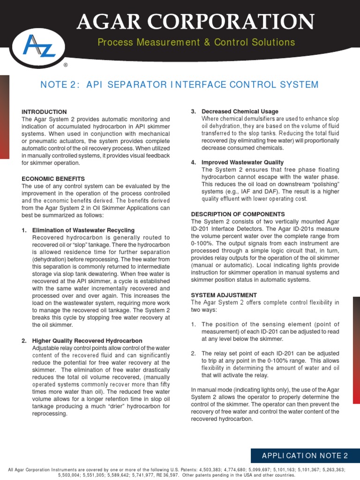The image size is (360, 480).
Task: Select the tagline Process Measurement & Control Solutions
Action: point(196,43)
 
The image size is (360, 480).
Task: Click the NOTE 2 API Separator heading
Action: point(180,85)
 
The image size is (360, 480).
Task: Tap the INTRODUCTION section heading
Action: point(44,112)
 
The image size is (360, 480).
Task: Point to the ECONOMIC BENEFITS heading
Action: point(53,179)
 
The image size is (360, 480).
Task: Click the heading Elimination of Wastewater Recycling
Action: point(83,230)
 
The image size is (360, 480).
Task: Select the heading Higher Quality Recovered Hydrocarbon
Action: point(87,340)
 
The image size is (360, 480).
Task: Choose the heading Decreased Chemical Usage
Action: point(240,112)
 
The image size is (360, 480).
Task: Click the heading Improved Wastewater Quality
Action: point(242,162)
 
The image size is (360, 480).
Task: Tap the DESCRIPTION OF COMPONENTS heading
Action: point(238,214)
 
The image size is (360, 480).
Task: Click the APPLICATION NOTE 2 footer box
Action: point(305,456)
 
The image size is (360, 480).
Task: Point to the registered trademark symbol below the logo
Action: point(65,65)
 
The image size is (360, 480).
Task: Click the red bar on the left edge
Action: point(4,117)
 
